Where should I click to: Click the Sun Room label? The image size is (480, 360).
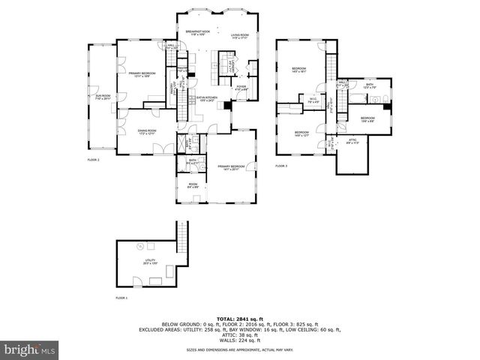[101, 97]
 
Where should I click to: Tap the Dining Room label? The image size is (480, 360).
[147, 132]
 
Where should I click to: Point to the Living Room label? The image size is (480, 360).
[240, 35]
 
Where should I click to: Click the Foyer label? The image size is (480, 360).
[241, 88]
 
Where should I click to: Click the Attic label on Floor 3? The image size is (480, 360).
[352, 140]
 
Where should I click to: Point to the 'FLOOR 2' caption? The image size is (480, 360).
[93, 160]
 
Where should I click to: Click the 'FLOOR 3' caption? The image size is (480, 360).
[281, 165]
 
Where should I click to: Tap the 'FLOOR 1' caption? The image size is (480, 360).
[121, 298]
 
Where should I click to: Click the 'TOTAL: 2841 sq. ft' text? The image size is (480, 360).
[240, 318]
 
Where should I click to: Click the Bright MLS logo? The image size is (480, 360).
[29, 349]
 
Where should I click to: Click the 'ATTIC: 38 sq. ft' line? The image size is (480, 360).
[240, 334]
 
